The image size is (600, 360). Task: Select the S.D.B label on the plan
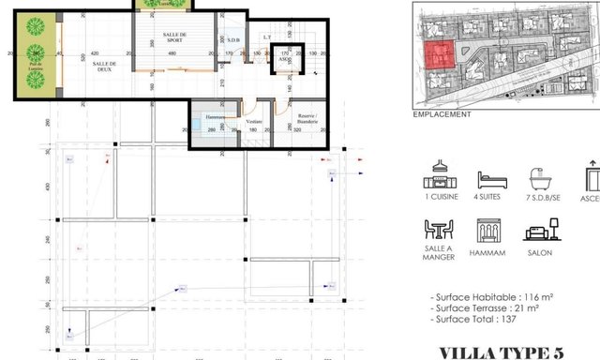coord(232,40)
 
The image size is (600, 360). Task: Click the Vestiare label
coord(253,121)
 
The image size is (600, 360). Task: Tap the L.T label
coord(267,37)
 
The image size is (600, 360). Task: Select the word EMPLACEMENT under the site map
coord(442,114)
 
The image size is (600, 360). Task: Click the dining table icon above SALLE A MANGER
coord(438,231)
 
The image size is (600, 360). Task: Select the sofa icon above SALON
coord(540,231)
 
